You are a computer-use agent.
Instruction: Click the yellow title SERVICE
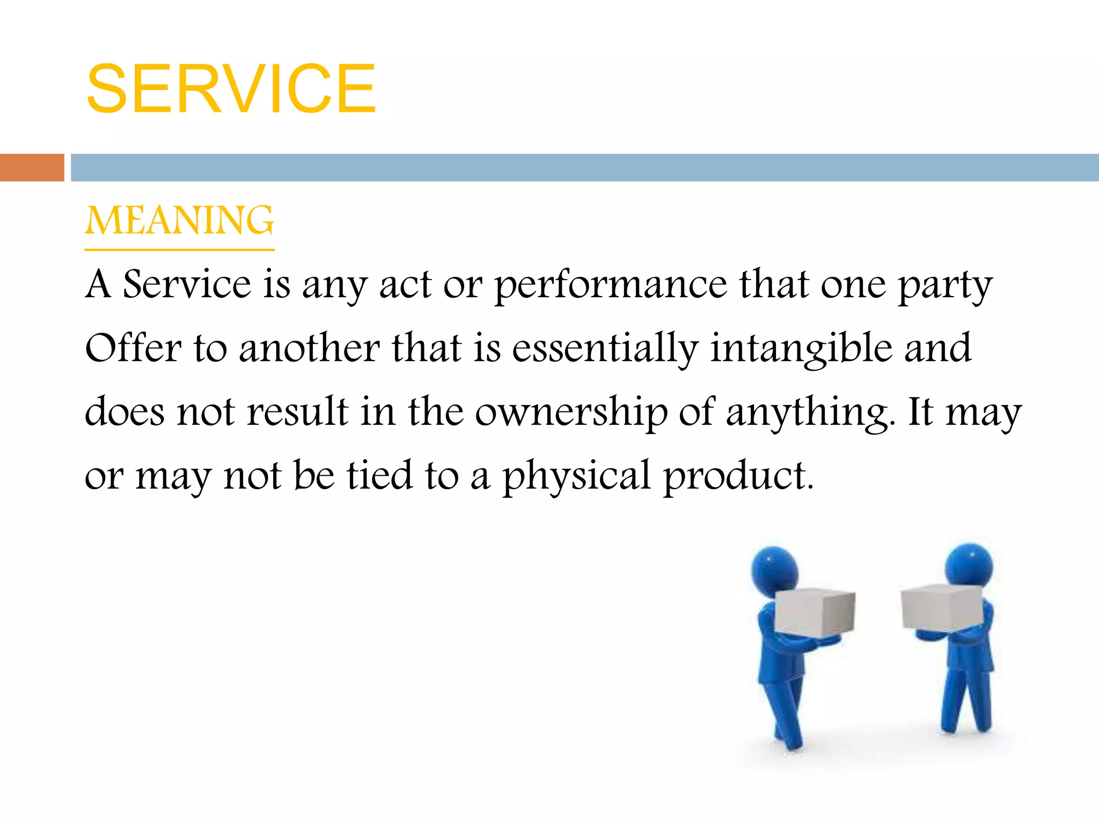click(x=231, y=89)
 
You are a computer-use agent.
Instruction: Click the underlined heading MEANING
click(x=179, y=220)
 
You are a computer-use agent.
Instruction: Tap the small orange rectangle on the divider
click(x=32, y=167)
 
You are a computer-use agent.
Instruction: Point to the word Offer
click(x=133, y=348)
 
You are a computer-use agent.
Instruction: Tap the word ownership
click(x=571, y=413)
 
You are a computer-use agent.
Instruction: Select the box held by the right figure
click(x=942, y=606)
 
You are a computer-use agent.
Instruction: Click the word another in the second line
click(x=309, y=349)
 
